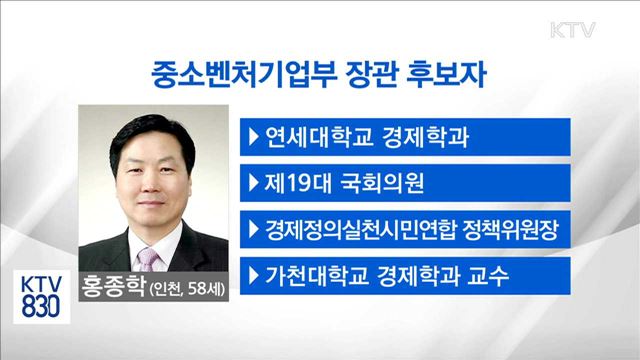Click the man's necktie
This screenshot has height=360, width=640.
pos(149,259)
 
